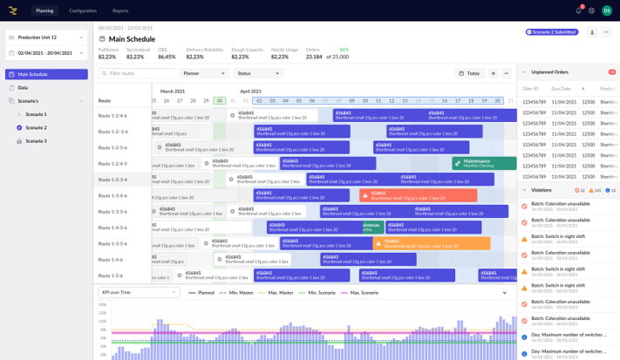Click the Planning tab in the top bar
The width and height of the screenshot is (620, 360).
click(44, 10)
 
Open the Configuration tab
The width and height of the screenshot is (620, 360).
click(83, 10)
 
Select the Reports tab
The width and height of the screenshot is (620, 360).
click(120, 10)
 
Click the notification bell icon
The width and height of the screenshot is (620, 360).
click(578, 10)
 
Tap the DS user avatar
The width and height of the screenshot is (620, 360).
click(607, 10)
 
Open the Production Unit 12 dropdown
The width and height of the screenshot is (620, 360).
click(46, 37)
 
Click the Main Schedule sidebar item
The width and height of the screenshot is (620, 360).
click(46, 74)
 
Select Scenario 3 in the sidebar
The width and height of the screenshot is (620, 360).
click(36, 140)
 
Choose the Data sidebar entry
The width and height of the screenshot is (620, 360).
click(23, 87)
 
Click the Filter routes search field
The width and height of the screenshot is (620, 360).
click(138, 73)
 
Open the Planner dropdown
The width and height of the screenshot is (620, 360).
click(204, 73)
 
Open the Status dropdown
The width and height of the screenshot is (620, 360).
click(258, 73)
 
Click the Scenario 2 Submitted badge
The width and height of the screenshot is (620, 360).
click(552, 32)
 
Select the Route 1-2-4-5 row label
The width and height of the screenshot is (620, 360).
click(112, 164)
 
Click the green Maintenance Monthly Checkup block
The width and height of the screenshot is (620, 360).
click(483, 163)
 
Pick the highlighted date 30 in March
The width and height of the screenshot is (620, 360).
click(220, 101)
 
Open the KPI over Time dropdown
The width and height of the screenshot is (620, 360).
click(138, 293)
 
